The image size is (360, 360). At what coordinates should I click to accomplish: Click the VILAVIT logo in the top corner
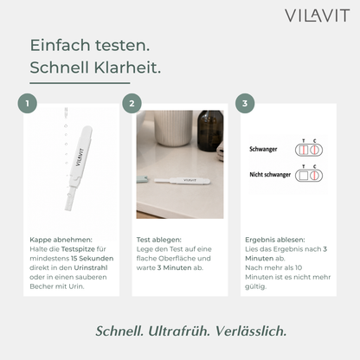pyautogui.click(x=318, y=16)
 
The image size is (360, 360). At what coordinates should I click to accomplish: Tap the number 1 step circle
pyautogui.click(x=28, y=103)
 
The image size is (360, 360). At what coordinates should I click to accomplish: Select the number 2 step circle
pyautogui.click(x=132, y=103)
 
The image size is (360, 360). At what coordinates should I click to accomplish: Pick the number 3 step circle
pyautogui.click(x=245, y=103)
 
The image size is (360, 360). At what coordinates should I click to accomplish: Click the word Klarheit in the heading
pyautogui.click(x=127, y=67)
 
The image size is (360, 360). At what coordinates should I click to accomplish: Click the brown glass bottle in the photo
pyautogui.click(x=210, y=131)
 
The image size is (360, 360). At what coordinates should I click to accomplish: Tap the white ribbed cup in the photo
pyautogui.click(x=173, y=128)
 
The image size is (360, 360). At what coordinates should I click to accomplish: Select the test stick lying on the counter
pyautogui.click(x=183, y=181)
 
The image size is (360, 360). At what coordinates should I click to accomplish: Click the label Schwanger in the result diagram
pyautogui.click(x=263, y=150)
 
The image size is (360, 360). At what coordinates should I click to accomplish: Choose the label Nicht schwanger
pyautogui.click(x=270, y=175)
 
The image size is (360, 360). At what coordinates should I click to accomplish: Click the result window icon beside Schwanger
pyautogui.click(x=309, y=150)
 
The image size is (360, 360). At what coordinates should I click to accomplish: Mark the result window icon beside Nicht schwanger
pyautogui.click(x=309, y=176)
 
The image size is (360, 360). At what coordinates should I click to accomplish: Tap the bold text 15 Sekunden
pyautogui.click(x=93, y=258)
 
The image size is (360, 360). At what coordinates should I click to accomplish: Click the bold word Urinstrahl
pyautogui.click(x=91, y=267)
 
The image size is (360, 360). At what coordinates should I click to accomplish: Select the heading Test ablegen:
pyautogui.click(x=159, y=240)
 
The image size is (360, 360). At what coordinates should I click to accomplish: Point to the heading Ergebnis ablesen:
pyautogui.click(x=275, y=240)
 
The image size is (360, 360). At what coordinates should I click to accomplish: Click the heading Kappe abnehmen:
pyautogui.click(x=61, y=240)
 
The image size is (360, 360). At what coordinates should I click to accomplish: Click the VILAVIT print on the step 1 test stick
pyautogui.click(x=80, y=157)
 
